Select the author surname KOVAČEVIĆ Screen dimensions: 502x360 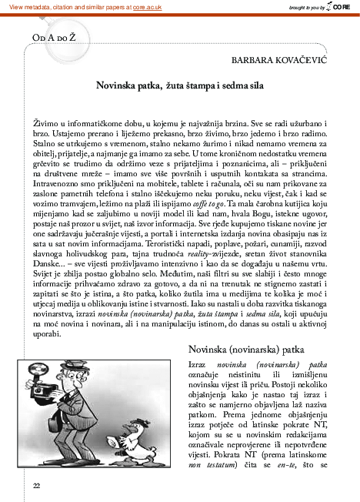pos(300,59)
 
